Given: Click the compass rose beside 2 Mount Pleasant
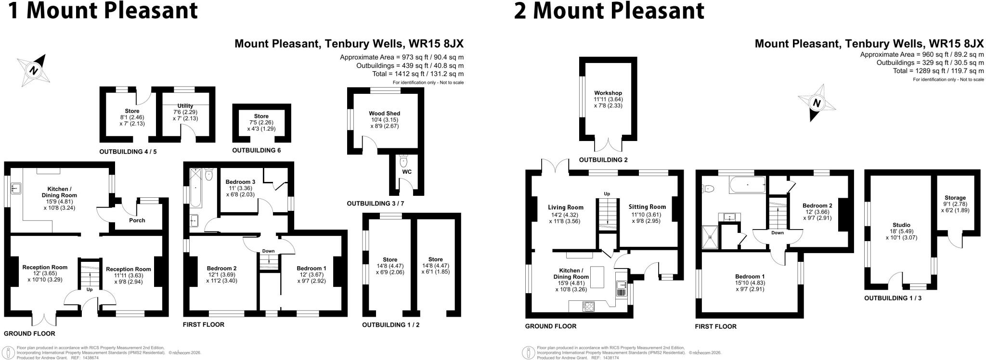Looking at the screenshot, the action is coord(817,103).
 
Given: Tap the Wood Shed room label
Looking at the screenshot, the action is coord(385,114).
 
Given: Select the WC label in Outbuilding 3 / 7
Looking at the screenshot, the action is coord(407,172).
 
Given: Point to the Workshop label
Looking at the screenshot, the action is coord(608,93).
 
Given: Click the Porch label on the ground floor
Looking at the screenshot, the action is coord(137,220).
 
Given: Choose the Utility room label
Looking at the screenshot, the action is coord(185,106).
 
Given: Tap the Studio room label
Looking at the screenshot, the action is coord(901,225).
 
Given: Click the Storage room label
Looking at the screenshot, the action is coord(955,198).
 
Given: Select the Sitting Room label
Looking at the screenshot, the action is coord(647,207).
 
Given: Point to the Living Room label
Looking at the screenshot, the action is coord(566,207).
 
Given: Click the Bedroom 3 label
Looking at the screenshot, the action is coord(240,182).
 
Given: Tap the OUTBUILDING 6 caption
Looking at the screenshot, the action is coord(256,151).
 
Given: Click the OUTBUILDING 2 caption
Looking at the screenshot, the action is coord(603,160).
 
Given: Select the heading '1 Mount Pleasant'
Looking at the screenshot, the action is coord(103,11).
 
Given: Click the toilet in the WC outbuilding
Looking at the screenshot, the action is coord(403,160).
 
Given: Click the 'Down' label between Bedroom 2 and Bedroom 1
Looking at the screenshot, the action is coord(268,251).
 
